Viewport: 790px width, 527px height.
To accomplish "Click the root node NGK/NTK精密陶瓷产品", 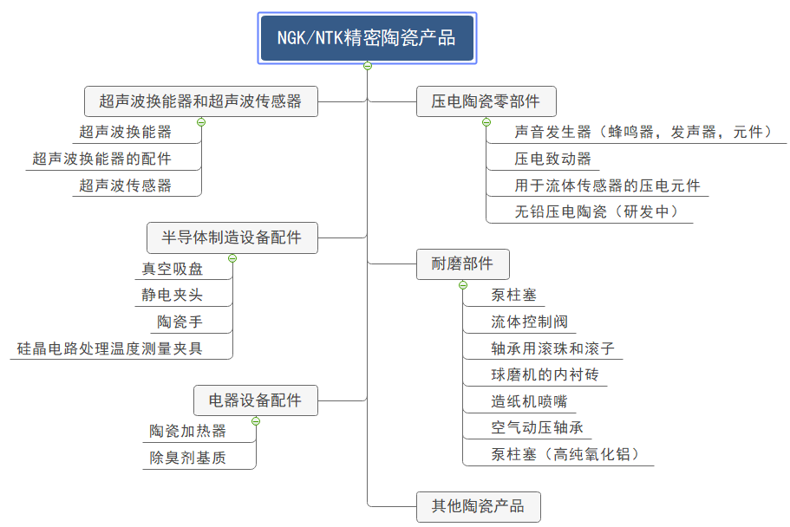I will click(x=367, y=38).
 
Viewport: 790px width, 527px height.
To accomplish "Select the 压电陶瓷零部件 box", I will click(x=486, y=101).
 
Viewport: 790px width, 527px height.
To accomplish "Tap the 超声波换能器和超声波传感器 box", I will click(x=200, y=101).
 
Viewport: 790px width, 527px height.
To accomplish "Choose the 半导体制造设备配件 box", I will click(x=232, y=237).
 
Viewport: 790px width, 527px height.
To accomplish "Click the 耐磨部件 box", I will click(x=462, y=263).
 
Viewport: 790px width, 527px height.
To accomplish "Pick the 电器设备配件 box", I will click(x=255, y=400).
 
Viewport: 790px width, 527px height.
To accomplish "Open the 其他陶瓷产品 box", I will click(x=478, y=506).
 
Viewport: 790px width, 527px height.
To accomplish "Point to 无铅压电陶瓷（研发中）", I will click(x=595, y=211).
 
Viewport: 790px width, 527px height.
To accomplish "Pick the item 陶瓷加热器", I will click(x=188, y=431).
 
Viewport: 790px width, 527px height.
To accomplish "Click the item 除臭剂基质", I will click(x=188, y=458).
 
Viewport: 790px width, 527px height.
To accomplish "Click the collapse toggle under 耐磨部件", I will click(x=463, y=285).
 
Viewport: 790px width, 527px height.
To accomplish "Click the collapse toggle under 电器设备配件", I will click(x=256, y=421).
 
